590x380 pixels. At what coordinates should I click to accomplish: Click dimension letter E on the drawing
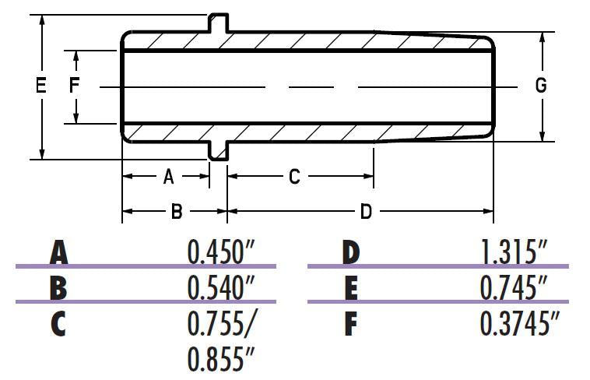pyautogui.click(x=41, y=86)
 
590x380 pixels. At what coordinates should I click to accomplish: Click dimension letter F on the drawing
pyautogui.click(x=75, y=86)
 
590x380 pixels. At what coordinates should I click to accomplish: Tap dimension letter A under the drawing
pyautogui.click(x=168, y=178)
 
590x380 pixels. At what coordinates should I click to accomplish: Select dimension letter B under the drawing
pyautogui.click(x=177, y=211)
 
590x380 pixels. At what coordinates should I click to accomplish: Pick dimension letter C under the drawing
pyautogui.click(x=294, y=178)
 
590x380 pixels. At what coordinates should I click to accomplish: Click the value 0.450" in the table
pyautogui.click(x=221, y=252)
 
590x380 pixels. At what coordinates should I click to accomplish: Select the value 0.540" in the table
pyautogui.click(x=221, y=287)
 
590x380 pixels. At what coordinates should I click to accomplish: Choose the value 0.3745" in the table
pyautogui.click(x=520, y=323)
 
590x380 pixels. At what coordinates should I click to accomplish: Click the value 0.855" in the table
pyautogui.click(x=221, y=359)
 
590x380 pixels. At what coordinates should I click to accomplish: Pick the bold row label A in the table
pyautogui.click(x=59, y=253)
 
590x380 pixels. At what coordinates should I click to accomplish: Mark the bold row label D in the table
pyautogui.click(x=352, y=253)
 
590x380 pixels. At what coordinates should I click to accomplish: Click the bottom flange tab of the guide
pyautogui.click(x=219, y=150)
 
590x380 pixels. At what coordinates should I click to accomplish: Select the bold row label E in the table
pyautogui.click(x=351, y=288)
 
